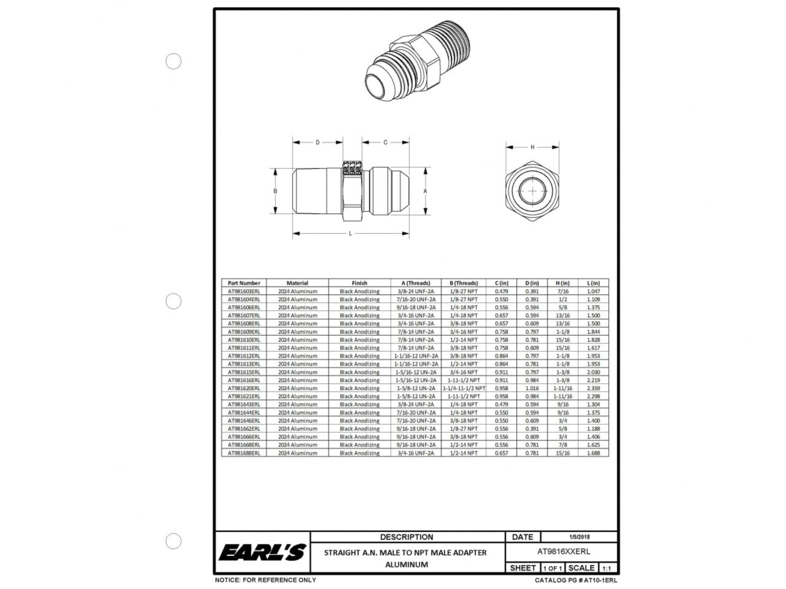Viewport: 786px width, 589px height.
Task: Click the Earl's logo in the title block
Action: pos(262,552)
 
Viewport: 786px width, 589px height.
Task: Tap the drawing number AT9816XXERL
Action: pos(563,552)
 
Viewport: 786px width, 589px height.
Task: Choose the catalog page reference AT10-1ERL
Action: pos(576,580)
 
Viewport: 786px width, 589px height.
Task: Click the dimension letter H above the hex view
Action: pos(532,147)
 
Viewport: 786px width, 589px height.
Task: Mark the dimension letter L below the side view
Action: pos(351,233)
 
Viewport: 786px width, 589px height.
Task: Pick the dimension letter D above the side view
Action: pos(317,142)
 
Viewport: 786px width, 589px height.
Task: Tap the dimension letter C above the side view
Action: pos(385,142)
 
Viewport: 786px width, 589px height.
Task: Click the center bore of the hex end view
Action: pos(532,191)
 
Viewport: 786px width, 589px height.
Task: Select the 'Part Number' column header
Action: pos(244,283)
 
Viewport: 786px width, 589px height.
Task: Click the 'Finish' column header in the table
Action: pos(359,283)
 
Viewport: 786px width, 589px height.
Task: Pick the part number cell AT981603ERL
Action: pos(244,291)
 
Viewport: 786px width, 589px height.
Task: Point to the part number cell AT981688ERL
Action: pos(244,453)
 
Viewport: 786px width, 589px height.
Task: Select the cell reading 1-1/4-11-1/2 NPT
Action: pos(464,388)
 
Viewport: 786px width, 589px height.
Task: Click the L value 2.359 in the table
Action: pos(593,388)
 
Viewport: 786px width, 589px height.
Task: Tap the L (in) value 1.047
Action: pos(593,291)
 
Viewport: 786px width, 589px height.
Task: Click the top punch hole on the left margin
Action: pos(174,61)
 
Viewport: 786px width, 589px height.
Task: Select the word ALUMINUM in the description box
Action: pos(406,564)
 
